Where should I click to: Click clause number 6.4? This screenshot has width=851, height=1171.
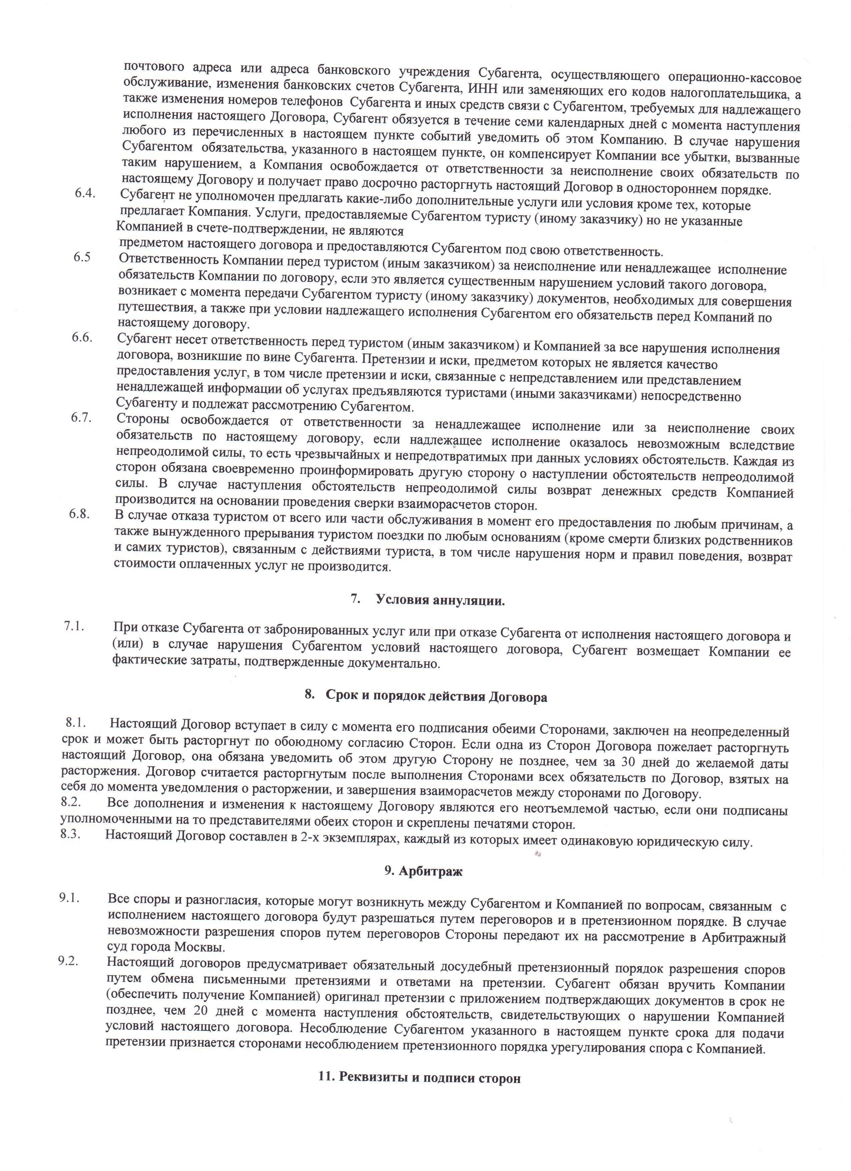point(86,193)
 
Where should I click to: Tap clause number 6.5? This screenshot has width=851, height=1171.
point(83,257)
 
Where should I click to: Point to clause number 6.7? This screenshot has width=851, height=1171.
point(82,417)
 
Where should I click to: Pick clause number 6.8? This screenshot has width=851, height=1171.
point(80,514)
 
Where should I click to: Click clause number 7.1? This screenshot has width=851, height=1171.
point(74,626)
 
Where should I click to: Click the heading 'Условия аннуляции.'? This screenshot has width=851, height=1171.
point(440,600)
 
